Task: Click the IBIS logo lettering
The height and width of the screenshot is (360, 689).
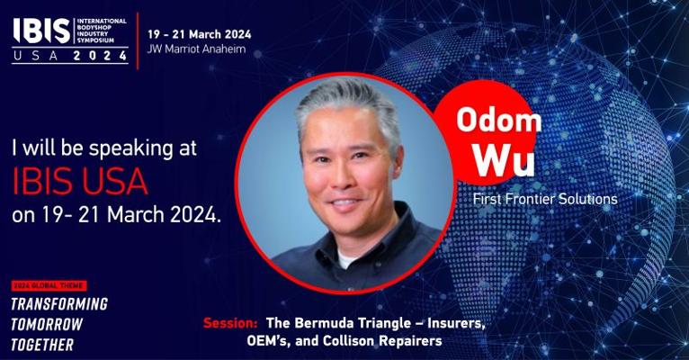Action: point(41,31)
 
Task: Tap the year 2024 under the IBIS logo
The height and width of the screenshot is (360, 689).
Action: point(100,56)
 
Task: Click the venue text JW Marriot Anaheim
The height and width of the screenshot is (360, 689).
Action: point(196,49)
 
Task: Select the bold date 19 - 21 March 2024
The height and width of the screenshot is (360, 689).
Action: point(200,34)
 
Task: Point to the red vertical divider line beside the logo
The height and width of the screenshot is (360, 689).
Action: point(138,40)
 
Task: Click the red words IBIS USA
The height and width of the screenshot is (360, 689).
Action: point(79,181)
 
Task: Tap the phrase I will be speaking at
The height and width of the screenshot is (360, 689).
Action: point(104,148)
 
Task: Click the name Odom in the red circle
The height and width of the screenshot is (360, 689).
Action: point(498,120)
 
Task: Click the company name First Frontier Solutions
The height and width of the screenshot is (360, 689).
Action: point(545,199)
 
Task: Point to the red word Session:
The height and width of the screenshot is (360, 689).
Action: point(230,323)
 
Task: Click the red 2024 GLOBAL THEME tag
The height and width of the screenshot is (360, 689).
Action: point(49,285)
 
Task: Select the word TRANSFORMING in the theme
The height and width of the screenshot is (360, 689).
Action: point(59,304)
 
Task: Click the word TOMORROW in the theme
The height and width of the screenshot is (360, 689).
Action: point(47,324)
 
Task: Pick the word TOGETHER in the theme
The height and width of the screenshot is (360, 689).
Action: point(42,345)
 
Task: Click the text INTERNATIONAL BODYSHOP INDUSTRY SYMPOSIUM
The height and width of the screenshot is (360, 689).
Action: point(102,31)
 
